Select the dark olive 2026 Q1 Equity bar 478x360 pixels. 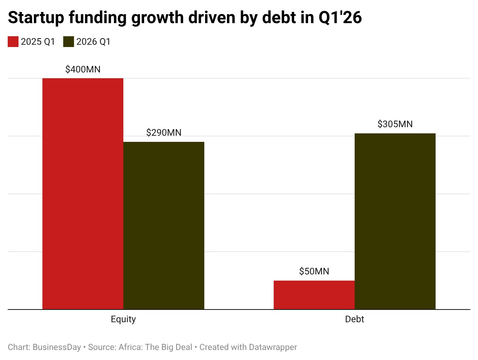click(x=163, y=225)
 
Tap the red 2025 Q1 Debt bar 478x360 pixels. click(x=314, y=295)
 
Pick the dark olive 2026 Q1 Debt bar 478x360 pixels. click(x=395, y=221)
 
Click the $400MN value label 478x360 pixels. click(x=82, y=69)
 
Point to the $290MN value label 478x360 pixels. click(x=163, y=133)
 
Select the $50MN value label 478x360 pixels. click(x=314, y=271)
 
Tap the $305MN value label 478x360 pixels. click(x=395, y=124)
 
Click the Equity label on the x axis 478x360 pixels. click(x=123, y=319)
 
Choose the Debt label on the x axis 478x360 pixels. click(x=354, y=319)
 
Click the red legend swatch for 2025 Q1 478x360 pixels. click(x=13, y=42)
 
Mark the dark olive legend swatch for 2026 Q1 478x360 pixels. click(x=69, y=42)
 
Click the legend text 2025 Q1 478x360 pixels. click(x=38, y=42)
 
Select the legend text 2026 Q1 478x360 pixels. click(x=94, y=42)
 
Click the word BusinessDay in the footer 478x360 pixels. click(x=57, y=347)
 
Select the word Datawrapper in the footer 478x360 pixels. click(x=273, y=347)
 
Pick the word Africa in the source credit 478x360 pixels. click(x=130, y=347)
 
